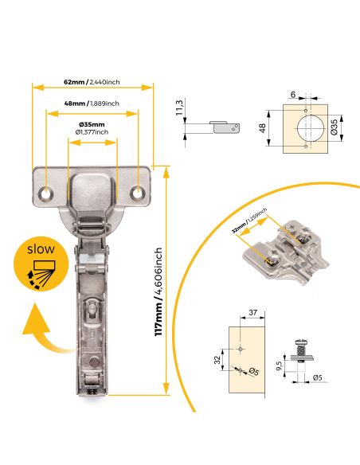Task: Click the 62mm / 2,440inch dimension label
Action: pyautogui.click(x=92, y=82)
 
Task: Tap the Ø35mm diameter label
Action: pyautogui.click(x=92, y=125)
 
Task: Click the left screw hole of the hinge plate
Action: pyautogui.click(x=48, y=193)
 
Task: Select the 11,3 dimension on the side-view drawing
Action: pyautogui.click(x=181, y=107)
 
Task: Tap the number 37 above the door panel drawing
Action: pyautogui.click(x=252, y=313)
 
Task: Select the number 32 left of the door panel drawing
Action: pyautogui.click(x=217, y=358)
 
